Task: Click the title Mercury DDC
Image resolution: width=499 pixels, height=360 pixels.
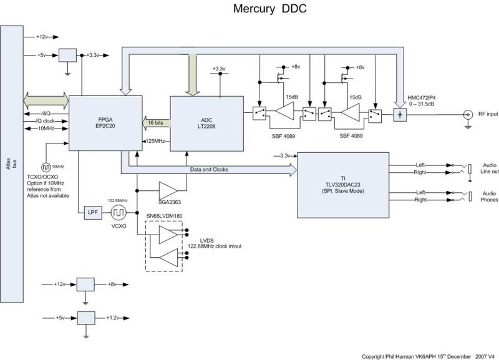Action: pos(269,10)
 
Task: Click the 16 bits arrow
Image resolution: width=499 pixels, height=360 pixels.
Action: pos(155,122)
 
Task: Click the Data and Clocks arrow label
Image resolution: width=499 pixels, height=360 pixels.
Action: pos(210,168)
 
